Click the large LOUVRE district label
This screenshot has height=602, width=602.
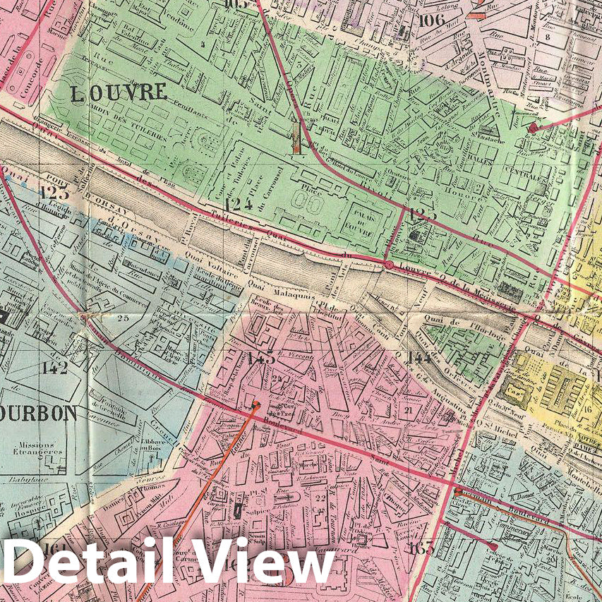click(118, 92)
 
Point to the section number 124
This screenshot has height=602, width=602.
click(238, 205)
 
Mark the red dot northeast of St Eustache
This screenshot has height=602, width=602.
click(533, 127)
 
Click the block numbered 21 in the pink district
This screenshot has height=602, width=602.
click(408, 409)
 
